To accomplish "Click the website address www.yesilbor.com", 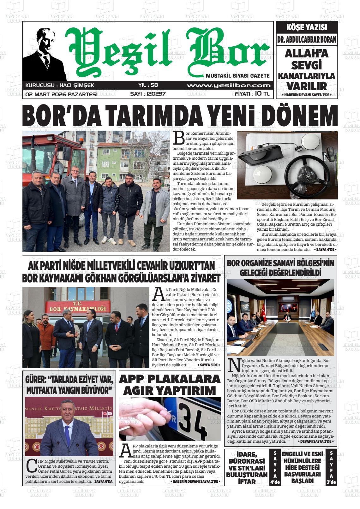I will pos(229,86).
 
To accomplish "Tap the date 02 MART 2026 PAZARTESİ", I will pos(61,94).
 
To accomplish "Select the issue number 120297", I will pos(148,94).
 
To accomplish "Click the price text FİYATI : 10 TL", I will pos(252,94).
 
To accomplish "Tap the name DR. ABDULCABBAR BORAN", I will pos(307,40).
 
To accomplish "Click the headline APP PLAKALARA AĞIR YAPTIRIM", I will pos(170,385).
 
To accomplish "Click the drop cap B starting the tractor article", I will pos(179,138).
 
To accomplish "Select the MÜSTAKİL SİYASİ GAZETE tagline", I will pos(237,76).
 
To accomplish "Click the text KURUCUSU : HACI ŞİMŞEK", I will pos(60,86).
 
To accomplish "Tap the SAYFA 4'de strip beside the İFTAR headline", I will pos(275,467).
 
